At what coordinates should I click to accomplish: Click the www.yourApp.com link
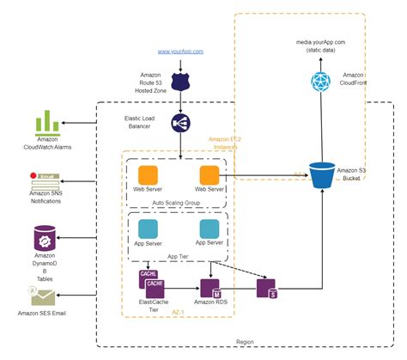(x=180, y=52)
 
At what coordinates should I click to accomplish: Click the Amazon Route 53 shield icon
(x=179, y=81)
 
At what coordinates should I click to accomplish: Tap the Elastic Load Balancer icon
(x=179, y=124)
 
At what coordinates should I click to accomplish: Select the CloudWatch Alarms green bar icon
(x=47, y=124)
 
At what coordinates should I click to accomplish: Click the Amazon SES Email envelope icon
(x=42, y=296)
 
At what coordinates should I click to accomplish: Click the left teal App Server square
(x=149, y=229)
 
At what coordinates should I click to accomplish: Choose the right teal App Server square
(x=210, y=229)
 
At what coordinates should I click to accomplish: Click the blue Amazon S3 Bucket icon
(x=323, y=176)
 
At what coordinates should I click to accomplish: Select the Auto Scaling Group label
(x=177, y=203)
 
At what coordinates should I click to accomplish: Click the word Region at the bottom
(x=245, y=341)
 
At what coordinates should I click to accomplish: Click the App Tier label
(x=179, y=256)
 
